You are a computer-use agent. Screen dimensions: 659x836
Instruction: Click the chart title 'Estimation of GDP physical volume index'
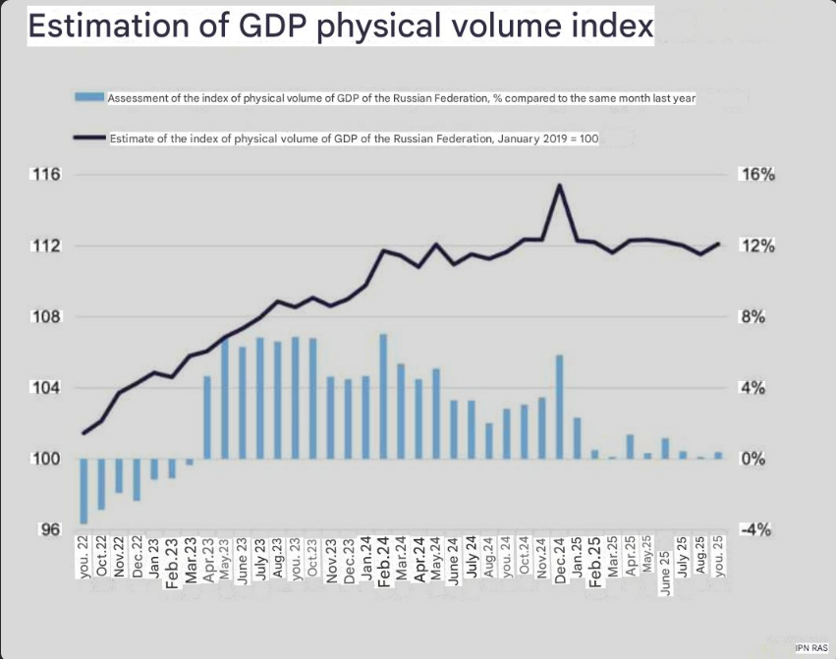click(340, 26)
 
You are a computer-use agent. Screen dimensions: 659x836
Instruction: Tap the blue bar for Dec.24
click(559, 407)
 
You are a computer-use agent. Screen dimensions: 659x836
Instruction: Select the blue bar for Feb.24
click(383, 397)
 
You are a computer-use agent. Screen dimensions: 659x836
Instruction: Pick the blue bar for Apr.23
click(207, 417)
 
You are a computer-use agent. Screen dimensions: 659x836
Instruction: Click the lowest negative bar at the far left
click(84, 491)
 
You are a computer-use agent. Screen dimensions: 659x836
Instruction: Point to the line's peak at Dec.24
click(559, 185)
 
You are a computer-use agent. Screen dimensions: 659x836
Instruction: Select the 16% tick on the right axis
click(758, 175)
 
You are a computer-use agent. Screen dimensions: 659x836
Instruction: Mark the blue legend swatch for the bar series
click(88, 96)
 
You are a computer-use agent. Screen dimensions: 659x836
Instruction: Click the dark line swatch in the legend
click(88, 138)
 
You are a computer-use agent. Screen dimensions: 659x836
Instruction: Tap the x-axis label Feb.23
click(172, 561)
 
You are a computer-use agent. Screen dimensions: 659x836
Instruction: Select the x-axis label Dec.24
click(559, 561)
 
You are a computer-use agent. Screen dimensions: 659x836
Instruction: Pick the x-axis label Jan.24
click(365, 561)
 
